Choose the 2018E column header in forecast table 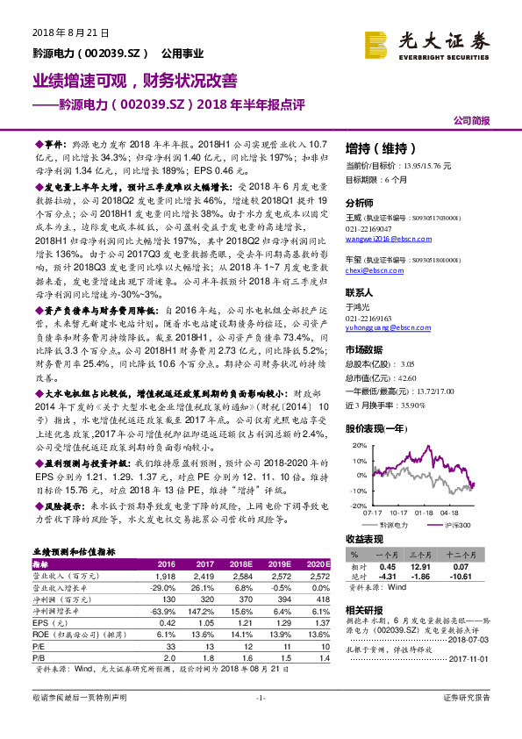click(240, 563)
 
